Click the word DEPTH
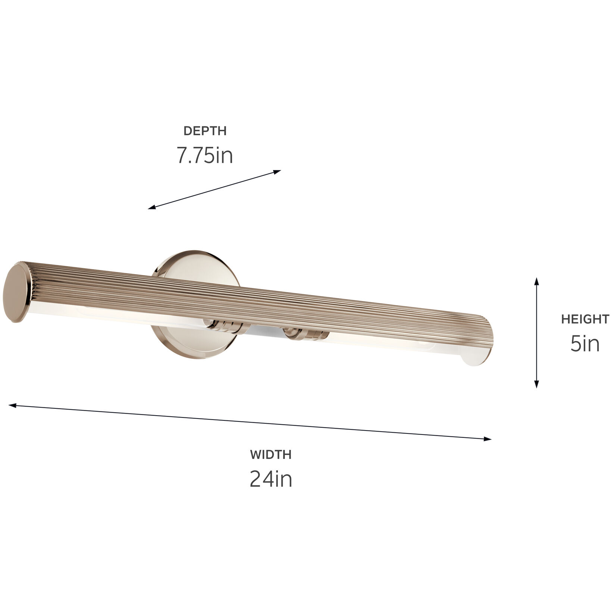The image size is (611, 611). [205, 131]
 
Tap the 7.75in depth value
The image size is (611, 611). [205, 156]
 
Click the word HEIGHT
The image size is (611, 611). [585, 319]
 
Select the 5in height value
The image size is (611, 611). [585, 344]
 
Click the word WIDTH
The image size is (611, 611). [270, 455]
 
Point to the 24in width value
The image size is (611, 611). [270, 479]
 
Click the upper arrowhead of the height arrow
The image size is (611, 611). [536, 281]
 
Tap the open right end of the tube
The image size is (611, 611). [477, 356]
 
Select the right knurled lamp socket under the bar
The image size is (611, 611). [304, 334]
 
